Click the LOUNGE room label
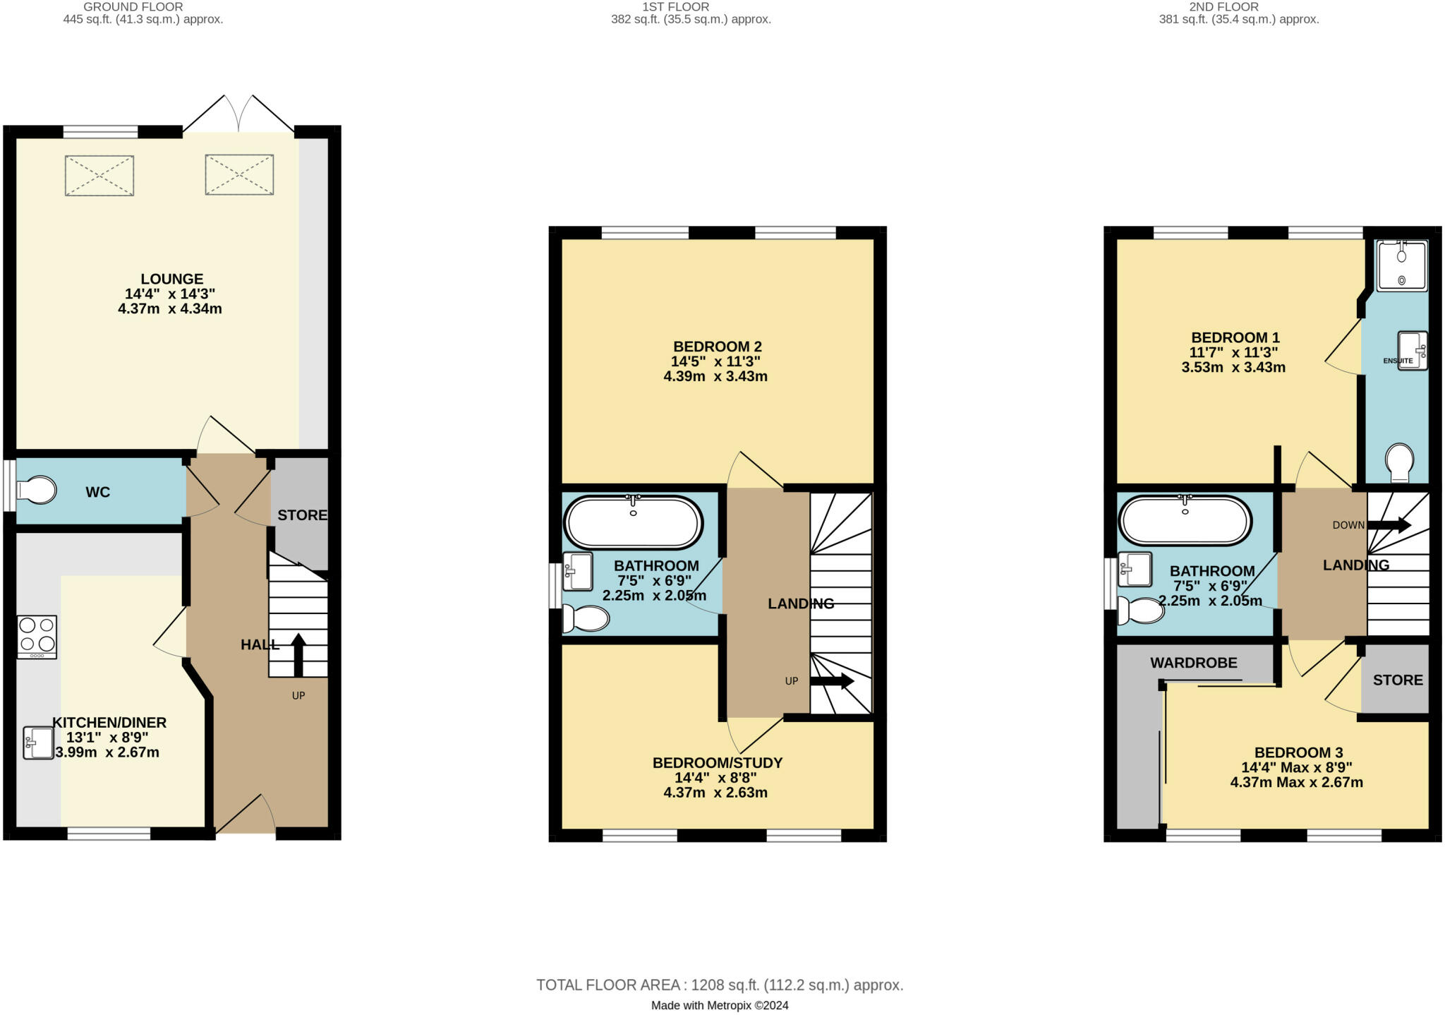point(172,279)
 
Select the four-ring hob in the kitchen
point(37,637)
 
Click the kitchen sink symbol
point(38,743)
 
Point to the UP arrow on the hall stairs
point(298,655)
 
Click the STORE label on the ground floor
point(302,515)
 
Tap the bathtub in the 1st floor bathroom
point(633,522)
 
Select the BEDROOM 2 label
point(718,347)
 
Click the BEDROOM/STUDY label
point(718,763)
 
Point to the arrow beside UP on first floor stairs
point(832,681)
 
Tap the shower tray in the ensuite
point(1402,265)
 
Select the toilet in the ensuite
point(1400,463)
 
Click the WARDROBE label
point(1194,663)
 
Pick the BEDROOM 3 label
point(1299,752)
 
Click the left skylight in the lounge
point(99,176)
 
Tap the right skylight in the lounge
point(239,174)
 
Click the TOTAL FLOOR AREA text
point(720,985)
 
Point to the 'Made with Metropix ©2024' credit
point(720,1005)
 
